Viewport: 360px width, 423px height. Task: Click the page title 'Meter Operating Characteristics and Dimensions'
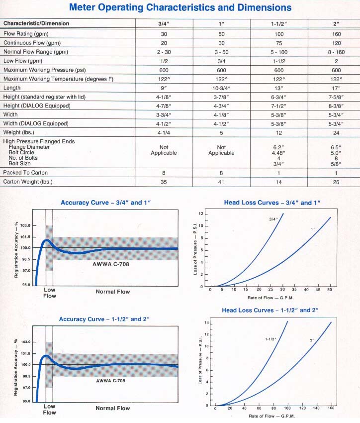pyautogui.click(x=180, y=7)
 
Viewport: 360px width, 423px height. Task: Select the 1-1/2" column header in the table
pyautogui.click(x=279, y=24)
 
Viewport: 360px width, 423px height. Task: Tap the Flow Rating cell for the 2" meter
pyautogui.click(x=336, y=34)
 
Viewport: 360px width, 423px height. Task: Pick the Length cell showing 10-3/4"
pyautogui.click(x=221, y=88)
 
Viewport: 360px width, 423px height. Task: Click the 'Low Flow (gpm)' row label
pyautogui.click(x=23, y=61)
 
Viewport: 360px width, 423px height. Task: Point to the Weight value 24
pyautogui.click(x=336, y=133)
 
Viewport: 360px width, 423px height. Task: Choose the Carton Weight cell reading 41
pyautogui.click(x=221, y=182)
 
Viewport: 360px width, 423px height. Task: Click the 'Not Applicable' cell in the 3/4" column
pyautogui.click(x=164, y=150)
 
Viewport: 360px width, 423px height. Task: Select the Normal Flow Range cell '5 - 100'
pyautogui.click(x=279, y=52)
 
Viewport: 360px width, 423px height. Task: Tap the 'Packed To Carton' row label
pyautogui.click(x=25, y=173)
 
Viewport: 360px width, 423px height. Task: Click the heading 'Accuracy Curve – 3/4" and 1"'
pyautogui.click(x=105, y=203)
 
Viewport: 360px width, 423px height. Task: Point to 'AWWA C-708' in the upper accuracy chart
pyautogui.click(x=111, y=264)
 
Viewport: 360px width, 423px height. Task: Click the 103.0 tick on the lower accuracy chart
pyautogui.click(x=26, y=342)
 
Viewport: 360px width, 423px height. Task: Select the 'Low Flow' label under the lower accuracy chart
pyautogui.click(x=50, y=409)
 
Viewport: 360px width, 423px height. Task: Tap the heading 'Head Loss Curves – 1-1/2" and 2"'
pyautogui.click(x=270, y=310)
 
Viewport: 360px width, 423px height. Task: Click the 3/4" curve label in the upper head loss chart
pyautogui.click(x=273, y=219)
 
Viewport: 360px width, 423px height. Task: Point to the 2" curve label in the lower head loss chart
pyautogui.click(x=312, y=340)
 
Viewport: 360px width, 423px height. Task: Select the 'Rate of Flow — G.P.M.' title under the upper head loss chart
pyautogui.click(x=270, y=298)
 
